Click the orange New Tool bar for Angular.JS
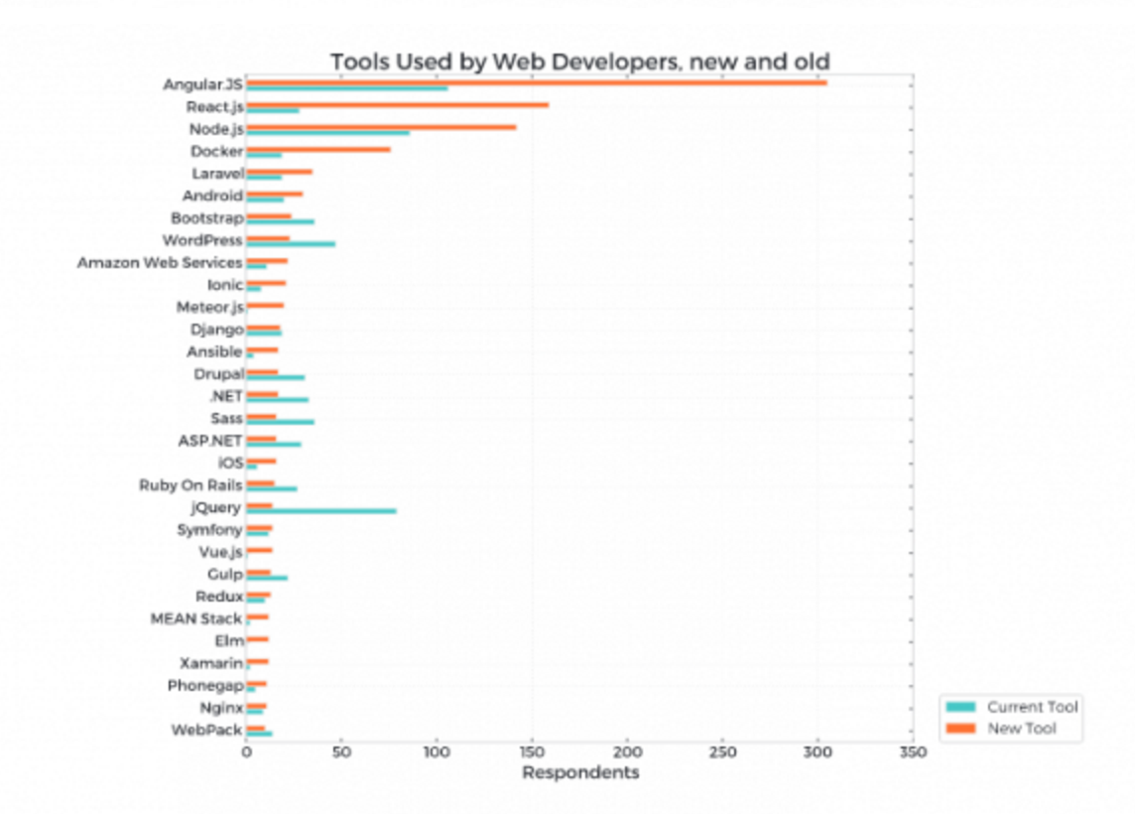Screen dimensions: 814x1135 pyautogui.click(x=536, y=82)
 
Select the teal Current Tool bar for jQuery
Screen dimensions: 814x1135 pyautogui.click(x=320, y=511)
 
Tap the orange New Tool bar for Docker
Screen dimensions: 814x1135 pyautogui.click(x=317, y=149)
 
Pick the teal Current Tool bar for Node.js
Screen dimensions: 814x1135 pyautogui.click(x=327, y=132)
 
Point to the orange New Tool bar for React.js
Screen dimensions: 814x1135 pyautogui.click(x=397, y=104)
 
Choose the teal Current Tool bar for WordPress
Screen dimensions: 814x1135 pyautogui.click(x=290, y=243)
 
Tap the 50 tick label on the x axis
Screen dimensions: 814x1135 pyautogui.click(x=341, y=752)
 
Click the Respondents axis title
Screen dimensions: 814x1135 pyautogui.click(x=580, y=772)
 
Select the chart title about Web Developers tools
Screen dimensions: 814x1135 pyautogui.click(x=580, y=63)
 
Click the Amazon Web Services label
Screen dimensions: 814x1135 pyautogui.click(x=160, y=263)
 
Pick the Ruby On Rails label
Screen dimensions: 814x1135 pyautogui.click(x=190, y=485)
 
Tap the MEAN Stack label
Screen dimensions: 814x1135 pyautogui.click(x=196, y=618)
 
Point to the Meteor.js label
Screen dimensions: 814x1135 pyautogui.click(x=209, y=308)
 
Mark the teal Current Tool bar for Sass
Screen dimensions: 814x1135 pyautogui.click(x=280, y=422)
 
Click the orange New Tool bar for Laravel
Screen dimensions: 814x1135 pyautogui.click(x=279, y=172)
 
